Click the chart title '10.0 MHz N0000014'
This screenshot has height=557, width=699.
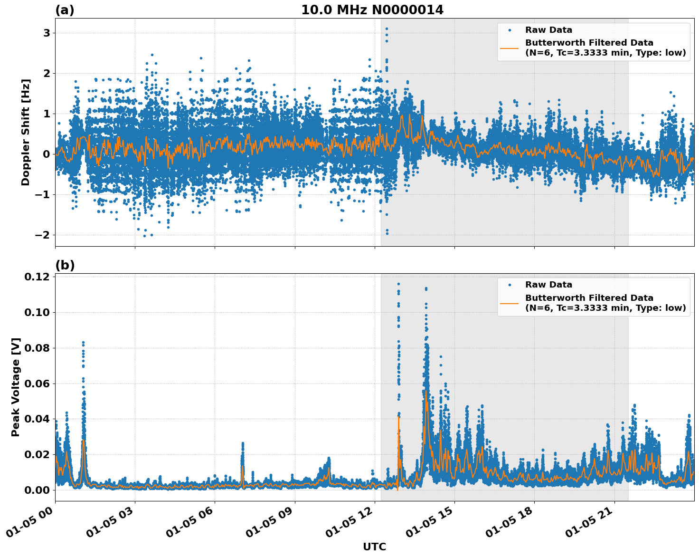click(x=372, y=10)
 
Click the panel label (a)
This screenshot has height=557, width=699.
click(x=65, y=10)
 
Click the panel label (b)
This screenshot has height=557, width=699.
click(x=65, y=265)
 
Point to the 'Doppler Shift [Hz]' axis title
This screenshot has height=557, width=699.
click(x=26, y=132)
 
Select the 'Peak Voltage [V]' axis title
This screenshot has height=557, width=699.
click(x=16, y=387)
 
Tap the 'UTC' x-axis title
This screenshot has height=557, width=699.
click(x=374, y=547)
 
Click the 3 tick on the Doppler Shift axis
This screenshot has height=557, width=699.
click(x=47, y=33)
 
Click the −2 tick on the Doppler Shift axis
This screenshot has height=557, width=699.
click(x=43, y=235)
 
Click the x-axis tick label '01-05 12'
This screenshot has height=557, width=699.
click(x=348, y=525)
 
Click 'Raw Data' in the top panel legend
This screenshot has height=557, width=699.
click(x=548, y=30)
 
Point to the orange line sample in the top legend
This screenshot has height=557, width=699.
click(x=509, y=48)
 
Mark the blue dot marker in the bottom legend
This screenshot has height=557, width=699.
click(x=509, y=285)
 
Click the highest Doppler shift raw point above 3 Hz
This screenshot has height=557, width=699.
click(x=387, y=29)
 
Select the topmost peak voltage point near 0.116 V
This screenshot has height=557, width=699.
click(x=398, y=284)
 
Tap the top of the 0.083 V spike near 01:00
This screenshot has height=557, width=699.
click(x=83, y=342)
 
